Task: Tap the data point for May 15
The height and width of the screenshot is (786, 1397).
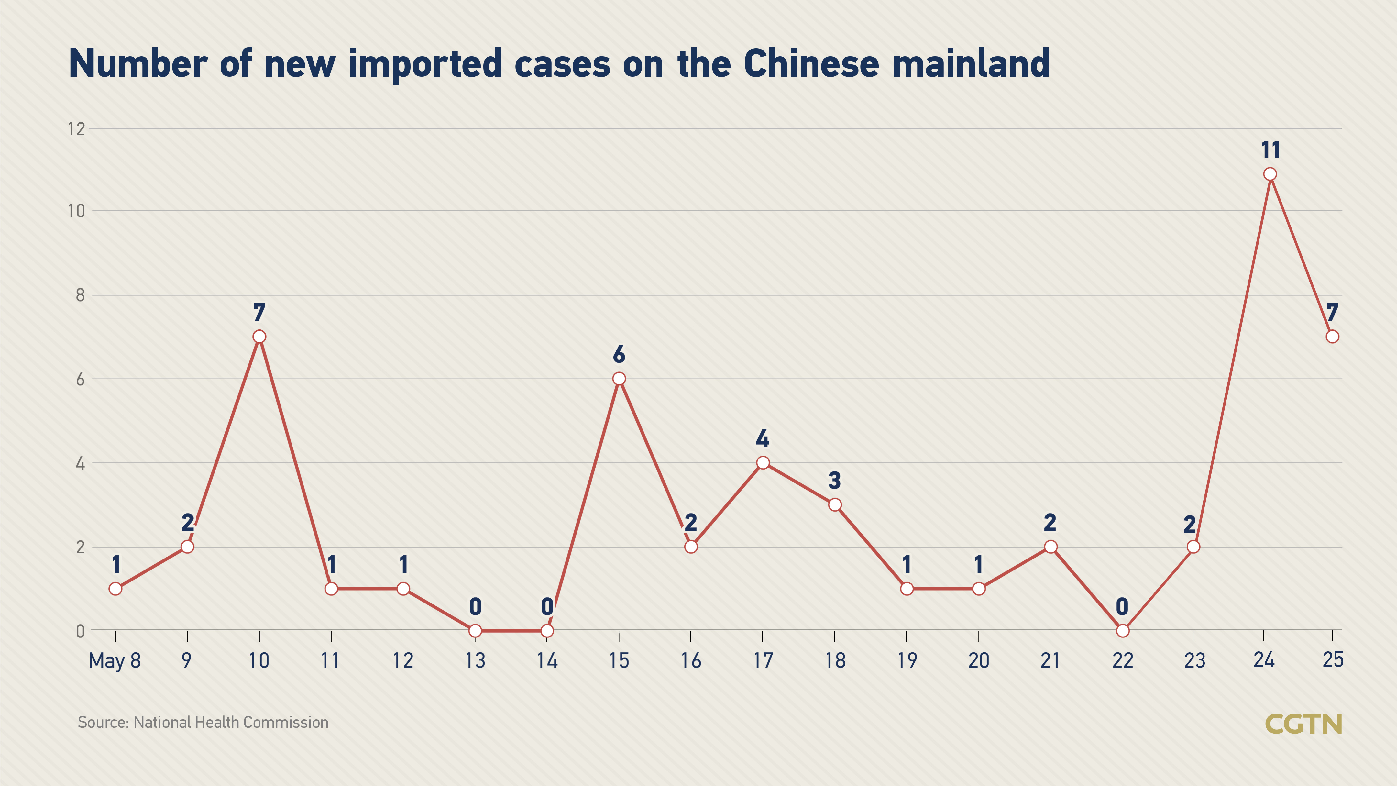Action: coord(619,379)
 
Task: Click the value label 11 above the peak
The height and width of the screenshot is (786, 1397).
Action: coord(1270,150)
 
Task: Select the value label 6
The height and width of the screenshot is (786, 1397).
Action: coord(619,355)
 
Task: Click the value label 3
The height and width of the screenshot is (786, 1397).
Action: coord(835,481)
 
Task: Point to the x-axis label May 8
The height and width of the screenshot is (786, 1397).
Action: coord(115,661)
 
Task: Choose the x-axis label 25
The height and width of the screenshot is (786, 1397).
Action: coord(1333,659)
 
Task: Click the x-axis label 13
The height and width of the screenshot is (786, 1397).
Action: coord(475,661)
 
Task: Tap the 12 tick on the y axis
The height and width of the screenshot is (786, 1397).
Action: coord(76,129)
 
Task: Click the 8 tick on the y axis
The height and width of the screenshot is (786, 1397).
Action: coord(80,295)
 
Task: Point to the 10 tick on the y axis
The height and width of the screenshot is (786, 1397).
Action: coord(76,211)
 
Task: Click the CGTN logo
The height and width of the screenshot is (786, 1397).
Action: coord(1303,724)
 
